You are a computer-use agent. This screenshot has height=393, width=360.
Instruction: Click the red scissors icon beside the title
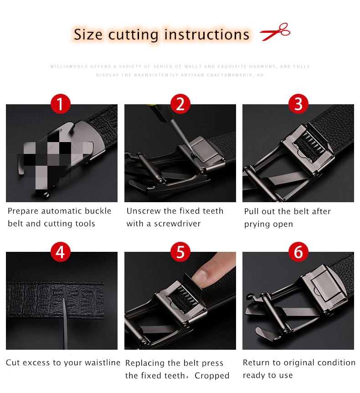[275, 32]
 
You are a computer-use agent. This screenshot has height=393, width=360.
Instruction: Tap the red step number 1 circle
[60, 103]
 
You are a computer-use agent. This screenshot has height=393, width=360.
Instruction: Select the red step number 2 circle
[180, 103]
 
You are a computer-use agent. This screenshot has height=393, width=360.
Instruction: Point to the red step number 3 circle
[298, 103]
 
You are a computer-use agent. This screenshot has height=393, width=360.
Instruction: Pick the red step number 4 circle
[60, 252]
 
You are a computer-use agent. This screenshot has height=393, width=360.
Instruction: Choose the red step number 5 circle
[180, 252]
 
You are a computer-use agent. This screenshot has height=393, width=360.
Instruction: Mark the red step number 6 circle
[298, 252]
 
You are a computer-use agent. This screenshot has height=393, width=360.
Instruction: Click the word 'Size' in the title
[88, 34]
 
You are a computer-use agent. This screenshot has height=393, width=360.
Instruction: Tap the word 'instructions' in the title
[207, 34]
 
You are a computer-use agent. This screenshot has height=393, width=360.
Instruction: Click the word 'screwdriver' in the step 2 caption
[177, 223]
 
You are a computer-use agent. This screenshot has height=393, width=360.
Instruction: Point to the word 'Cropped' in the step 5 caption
[212, 375]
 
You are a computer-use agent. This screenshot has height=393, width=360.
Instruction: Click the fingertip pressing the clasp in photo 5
[202, 277]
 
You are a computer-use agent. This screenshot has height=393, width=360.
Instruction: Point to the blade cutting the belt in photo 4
[65, 323]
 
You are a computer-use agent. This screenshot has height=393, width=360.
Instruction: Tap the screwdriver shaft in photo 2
[180, 134]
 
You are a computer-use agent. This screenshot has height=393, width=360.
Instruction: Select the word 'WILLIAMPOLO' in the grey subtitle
[69, 66]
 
